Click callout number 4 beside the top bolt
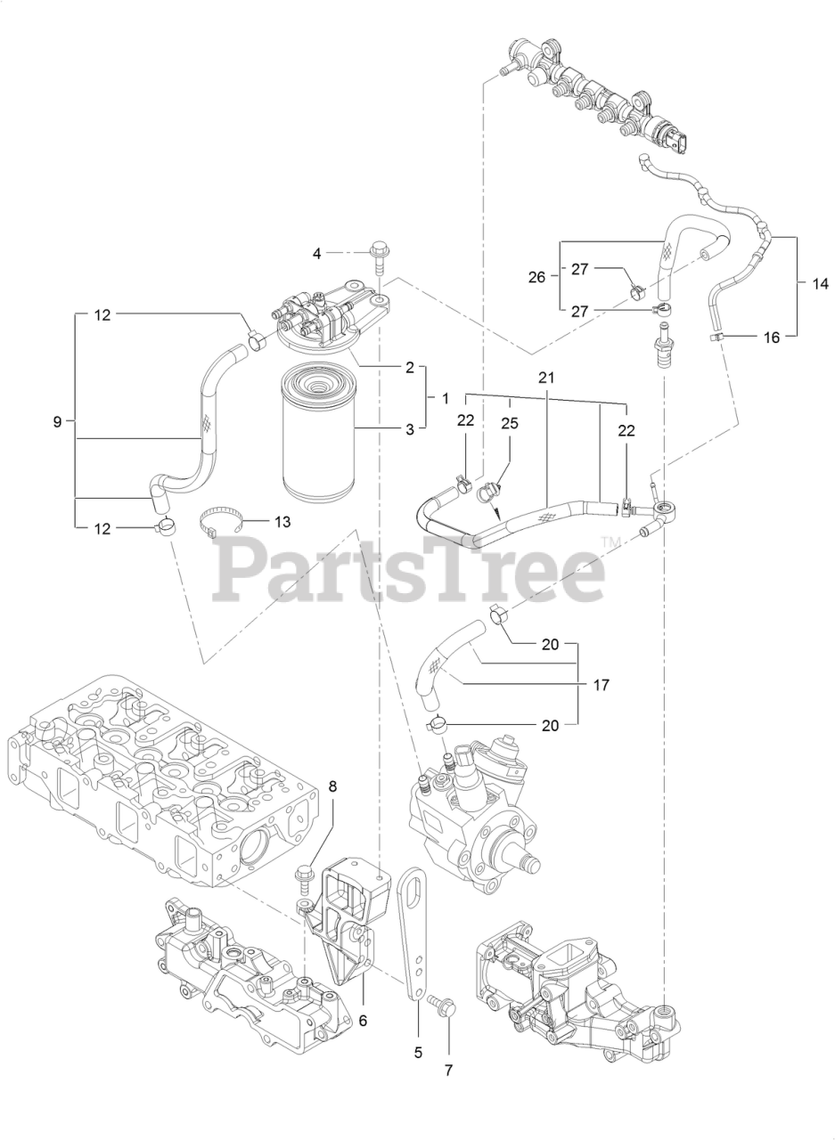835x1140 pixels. click(315, 254)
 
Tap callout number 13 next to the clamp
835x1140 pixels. click(282, 522)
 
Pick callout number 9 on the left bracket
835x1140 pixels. click(57, 421)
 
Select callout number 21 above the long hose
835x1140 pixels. click(546, 378)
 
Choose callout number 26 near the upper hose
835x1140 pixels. click(536, 276)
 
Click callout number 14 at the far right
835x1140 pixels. click(820, 284)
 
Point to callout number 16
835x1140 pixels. click(772, 337)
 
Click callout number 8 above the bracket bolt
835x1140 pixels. click(333, 786)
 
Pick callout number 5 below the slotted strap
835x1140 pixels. click(418, 1052)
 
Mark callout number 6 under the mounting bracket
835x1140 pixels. click(363, 1021)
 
